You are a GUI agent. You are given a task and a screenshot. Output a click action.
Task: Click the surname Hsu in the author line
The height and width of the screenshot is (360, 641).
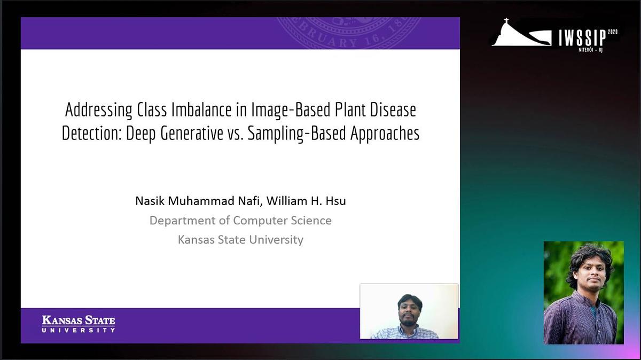336,201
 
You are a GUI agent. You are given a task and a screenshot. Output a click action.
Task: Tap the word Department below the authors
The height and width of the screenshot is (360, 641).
183,220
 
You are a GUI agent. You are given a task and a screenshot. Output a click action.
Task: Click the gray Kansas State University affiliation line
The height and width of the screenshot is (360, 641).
240,239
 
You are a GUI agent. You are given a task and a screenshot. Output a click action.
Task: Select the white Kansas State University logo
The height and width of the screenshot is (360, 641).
79,324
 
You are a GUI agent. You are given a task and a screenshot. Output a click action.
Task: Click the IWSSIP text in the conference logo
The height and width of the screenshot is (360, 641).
582,38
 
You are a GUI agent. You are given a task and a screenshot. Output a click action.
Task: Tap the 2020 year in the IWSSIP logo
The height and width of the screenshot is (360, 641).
613,33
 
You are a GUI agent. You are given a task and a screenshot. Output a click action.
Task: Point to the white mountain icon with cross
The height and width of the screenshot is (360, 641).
520,34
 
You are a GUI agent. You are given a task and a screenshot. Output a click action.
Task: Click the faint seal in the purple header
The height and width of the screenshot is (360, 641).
347,32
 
